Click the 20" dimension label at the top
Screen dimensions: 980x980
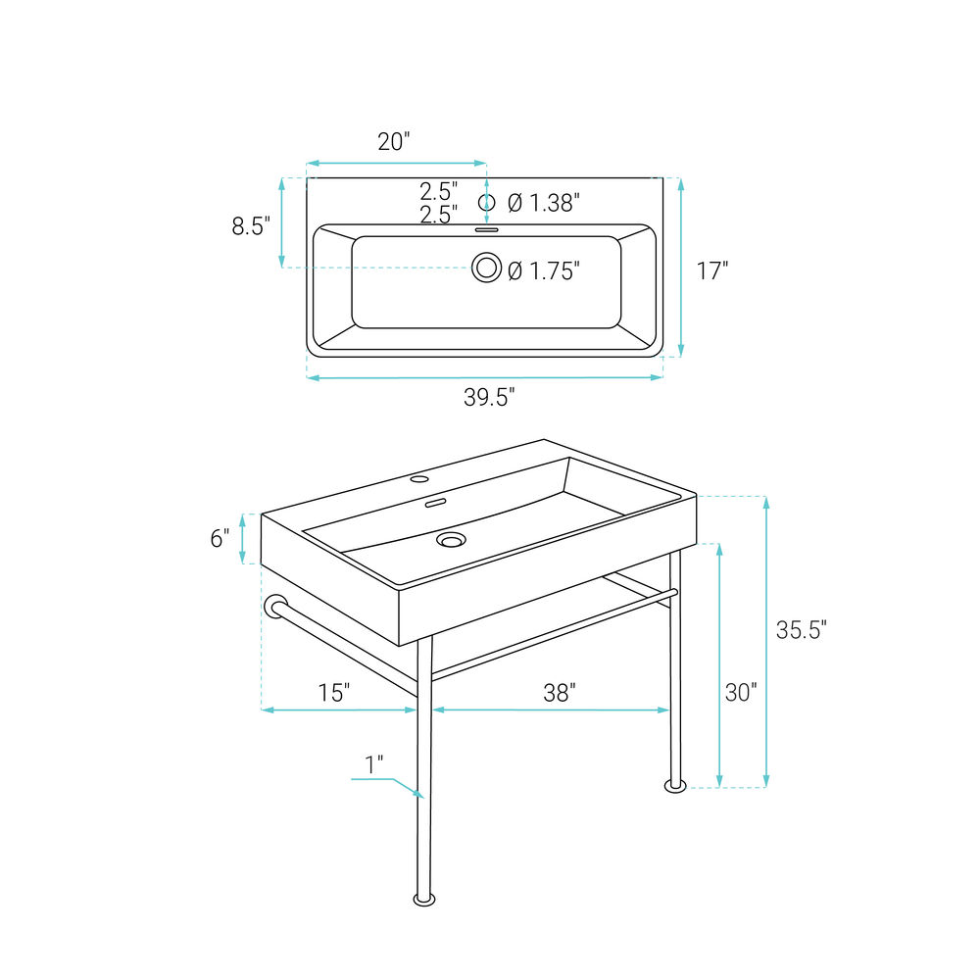tap(394, 142)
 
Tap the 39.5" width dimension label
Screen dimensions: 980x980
tap(489, 397)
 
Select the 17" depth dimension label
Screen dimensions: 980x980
tap(712, 270)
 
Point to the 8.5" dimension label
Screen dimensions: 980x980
tap(251, 225)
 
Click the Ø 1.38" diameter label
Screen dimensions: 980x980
tap(544, 203)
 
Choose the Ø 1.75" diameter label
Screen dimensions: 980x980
tap(544, 270)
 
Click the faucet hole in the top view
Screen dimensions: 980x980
tap(486, 203)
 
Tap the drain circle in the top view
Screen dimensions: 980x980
tap(487, 268)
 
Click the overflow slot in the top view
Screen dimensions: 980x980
tap(487, 230)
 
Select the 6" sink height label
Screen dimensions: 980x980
tap(220, 537)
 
